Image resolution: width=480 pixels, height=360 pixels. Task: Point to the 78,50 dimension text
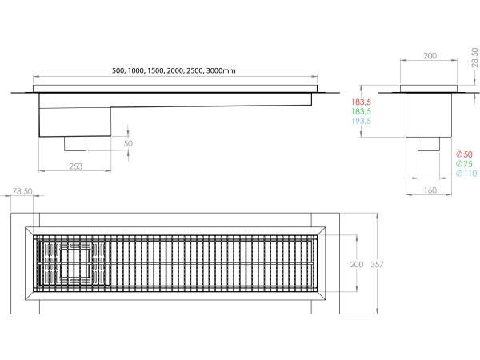23,192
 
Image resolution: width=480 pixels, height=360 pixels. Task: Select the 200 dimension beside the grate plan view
357,265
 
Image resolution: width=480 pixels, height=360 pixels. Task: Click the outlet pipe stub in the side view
77,144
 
